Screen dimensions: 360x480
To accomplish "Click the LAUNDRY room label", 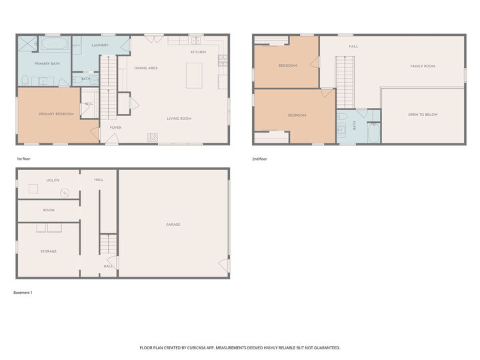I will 101,45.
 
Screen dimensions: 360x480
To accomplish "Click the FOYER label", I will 106,127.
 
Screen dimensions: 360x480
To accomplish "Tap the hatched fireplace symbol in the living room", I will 153,137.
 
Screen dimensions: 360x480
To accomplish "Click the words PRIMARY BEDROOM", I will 55,114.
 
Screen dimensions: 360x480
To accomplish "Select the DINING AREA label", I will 146,68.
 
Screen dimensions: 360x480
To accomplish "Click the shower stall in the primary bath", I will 27,44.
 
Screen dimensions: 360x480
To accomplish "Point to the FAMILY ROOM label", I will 423,66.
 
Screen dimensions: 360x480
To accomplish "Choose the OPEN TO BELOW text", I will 423,115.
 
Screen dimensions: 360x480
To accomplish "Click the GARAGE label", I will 173,224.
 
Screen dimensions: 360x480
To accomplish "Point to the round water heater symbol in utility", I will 65,193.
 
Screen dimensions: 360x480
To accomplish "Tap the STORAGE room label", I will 48,251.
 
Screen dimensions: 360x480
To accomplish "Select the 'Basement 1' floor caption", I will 23,293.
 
